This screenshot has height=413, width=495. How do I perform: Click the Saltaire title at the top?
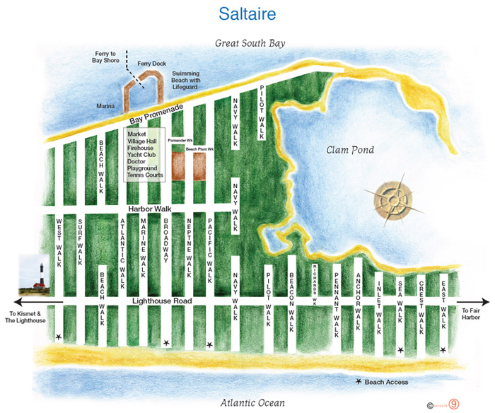tap(247, 14)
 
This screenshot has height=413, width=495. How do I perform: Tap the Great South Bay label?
tap(250, 44)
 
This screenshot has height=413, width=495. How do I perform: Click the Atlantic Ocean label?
tap(252, 402)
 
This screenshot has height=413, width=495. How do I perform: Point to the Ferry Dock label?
tap(151, 64)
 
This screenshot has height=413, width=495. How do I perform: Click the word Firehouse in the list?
tap(141, 147)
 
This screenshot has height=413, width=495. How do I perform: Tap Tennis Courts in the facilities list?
tap(146, 175)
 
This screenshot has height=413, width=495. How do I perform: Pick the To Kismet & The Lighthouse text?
tap(27, 316)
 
